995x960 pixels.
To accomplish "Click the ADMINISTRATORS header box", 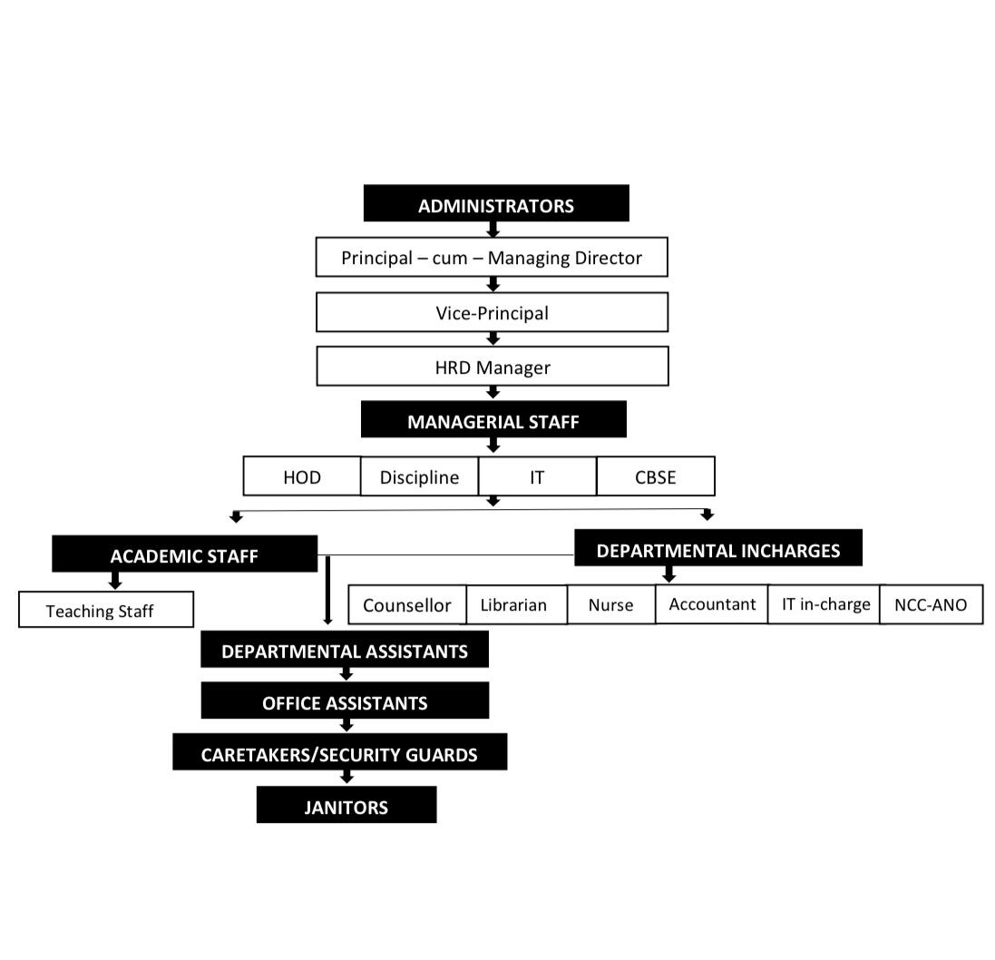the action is pos(496,203).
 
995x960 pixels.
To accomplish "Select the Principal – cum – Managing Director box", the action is pos(492,257).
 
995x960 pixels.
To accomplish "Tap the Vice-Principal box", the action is pos(493,312).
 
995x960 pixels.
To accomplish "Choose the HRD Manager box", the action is pos(493,367).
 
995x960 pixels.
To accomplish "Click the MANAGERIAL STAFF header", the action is pos(493,419).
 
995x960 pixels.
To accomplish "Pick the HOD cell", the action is pos(302,476).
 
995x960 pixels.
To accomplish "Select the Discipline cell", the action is pos(419,476).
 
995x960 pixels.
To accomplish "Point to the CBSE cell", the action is pos(656,476).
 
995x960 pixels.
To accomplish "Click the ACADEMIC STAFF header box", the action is pos(185,553).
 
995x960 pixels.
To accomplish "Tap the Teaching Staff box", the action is pos(106,610).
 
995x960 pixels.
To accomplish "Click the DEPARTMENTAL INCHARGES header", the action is pos(718,547).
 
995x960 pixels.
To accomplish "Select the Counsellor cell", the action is pos(407,604).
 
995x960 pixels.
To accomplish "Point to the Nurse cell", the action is pos(611,604).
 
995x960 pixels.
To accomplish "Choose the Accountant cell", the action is pos(712,603).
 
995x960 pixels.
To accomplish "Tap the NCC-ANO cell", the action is pos(931,604).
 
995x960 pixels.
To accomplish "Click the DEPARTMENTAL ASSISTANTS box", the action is pos(345,649).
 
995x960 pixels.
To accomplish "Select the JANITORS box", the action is pos(346,805).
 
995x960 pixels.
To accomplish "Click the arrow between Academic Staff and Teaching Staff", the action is pos(115,581).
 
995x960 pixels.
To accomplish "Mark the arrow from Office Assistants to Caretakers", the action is pos(346,725).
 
